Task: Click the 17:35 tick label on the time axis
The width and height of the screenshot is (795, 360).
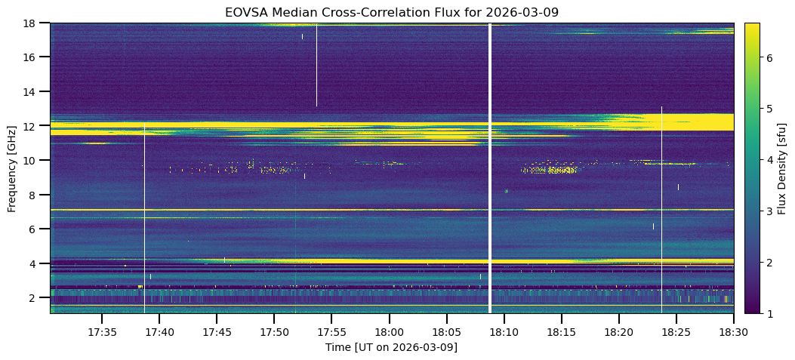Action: click(x=102, y=332)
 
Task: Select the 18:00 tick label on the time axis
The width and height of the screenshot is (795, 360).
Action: click(x=389, y=332)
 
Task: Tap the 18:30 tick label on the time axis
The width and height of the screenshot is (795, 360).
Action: click(x=733, y=332)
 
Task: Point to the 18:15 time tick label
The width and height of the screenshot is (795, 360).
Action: click(x=561, y=332)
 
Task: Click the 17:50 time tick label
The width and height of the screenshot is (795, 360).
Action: click(x=274, y=332)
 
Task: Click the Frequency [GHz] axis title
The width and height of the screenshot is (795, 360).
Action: click(x=12, y=168)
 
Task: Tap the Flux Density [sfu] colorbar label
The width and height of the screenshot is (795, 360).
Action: click(x=783, y=168)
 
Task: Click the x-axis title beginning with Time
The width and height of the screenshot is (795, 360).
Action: click(x=391, y=347)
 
